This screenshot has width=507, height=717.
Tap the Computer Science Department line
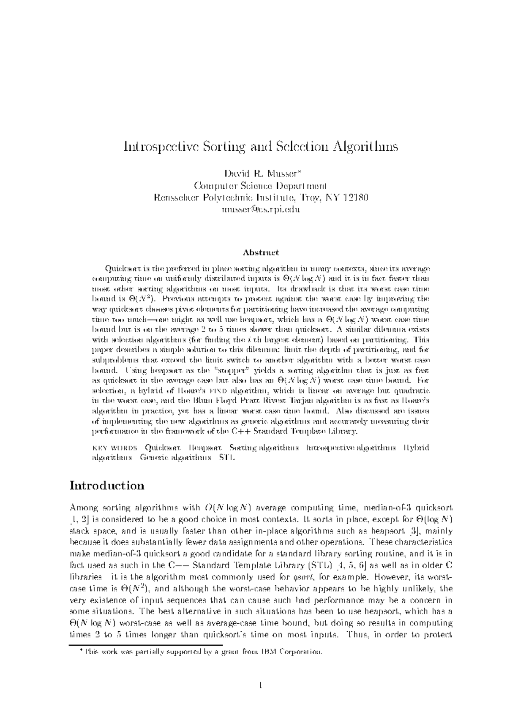[x=260, y=185]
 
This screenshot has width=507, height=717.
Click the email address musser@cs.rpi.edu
[x=260, y=209]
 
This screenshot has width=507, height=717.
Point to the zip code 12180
[x=355, y=197]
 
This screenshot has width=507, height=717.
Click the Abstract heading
[x=261, y=253]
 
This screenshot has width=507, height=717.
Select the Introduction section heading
[x=107, y=485]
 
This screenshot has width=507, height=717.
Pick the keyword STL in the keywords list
[x=226, y=458]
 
